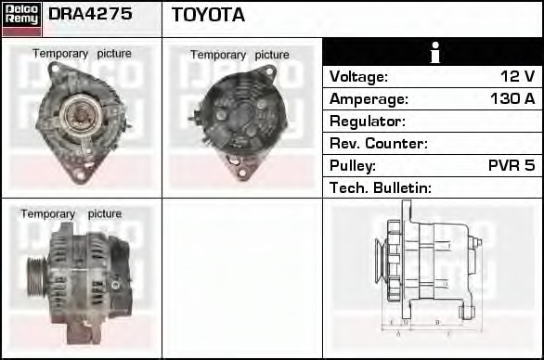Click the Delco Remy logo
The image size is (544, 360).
(20, 18)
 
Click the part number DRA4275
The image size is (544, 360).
(90, 15)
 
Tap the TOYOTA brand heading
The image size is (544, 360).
(208, 15)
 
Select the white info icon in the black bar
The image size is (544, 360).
(433, 52)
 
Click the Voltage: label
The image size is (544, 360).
(359, 77)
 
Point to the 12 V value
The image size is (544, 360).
(516, 77)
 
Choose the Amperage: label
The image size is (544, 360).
(369, 99)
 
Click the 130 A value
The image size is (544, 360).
(512, 99)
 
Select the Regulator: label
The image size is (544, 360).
(368, 122)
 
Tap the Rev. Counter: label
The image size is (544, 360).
(379, 144)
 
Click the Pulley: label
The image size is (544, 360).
(353, 166)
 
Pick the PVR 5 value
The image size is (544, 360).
(512, 166)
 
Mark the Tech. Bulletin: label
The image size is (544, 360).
(381, 188)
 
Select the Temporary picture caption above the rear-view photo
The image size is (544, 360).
(240, 55)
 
